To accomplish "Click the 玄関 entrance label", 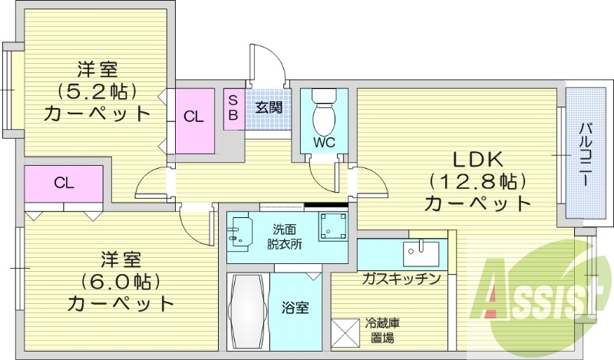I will pos(269,107).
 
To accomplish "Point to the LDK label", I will pos(475,160).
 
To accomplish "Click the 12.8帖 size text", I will pos(477,182).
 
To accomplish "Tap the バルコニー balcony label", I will pos(584,153).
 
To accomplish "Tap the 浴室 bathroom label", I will pos(296,309).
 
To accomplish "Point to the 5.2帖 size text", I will pos(97,91).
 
